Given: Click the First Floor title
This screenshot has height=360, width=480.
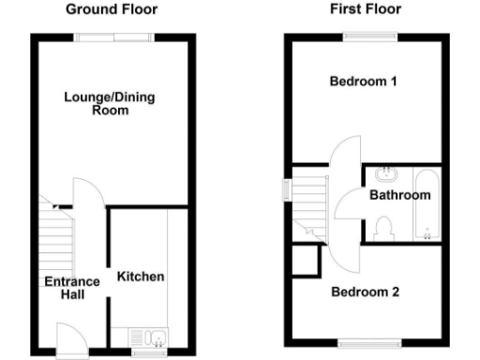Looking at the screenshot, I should [366, 9].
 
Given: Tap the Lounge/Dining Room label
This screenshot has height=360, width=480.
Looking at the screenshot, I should [97, 103].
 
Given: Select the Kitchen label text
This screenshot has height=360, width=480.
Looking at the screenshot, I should [141, 277].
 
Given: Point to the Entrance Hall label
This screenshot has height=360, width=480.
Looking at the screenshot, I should [71, 288].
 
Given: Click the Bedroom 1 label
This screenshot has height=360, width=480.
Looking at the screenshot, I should [364, 82].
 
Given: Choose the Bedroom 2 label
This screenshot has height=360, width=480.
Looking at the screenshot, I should [366, 292].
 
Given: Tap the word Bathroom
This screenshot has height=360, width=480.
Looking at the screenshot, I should [399, 196].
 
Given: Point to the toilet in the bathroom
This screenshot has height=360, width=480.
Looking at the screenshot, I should [382, 224].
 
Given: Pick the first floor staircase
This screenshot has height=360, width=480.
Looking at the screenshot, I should [310, 202].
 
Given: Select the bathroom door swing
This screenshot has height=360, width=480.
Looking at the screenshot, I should [352, 202].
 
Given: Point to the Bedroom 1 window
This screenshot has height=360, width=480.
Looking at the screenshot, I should [365, 37].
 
